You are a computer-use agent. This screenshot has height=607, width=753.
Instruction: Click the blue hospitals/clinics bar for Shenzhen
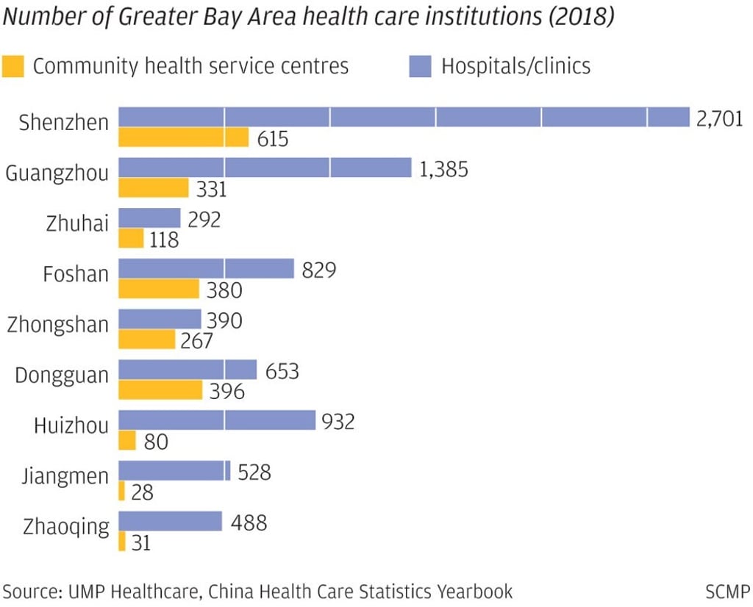[404, 117]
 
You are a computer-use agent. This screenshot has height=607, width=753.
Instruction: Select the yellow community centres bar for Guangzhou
[154, 187]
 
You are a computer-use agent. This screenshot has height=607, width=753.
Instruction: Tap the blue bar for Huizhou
[217, 420]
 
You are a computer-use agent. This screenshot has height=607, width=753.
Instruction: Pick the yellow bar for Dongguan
[160, 390]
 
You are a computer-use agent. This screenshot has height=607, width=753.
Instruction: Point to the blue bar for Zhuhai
[149, 218]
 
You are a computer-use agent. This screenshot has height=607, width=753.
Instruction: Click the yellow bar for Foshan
[159, 289]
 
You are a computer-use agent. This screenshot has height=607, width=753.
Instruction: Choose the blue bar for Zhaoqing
[170, 521]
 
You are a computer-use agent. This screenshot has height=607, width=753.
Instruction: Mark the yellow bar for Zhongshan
[147, 340]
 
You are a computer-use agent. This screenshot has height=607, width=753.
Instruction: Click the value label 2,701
[720, 118]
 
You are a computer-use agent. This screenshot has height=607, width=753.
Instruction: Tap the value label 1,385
[443, 168]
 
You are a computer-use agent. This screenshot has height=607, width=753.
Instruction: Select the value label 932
[338, 422]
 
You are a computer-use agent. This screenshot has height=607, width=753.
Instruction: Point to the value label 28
[142, 492]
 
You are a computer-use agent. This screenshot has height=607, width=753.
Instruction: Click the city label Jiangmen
[65, 477]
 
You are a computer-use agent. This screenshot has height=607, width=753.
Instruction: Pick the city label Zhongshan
[57, 325]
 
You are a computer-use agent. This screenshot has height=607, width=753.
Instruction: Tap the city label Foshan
[76, 274]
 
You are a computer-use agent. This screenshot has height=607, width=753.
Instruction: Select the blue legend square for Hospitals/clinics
[418, 66]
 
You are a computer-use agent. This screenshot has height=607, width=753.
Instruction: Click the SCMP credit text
[727, 591]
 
